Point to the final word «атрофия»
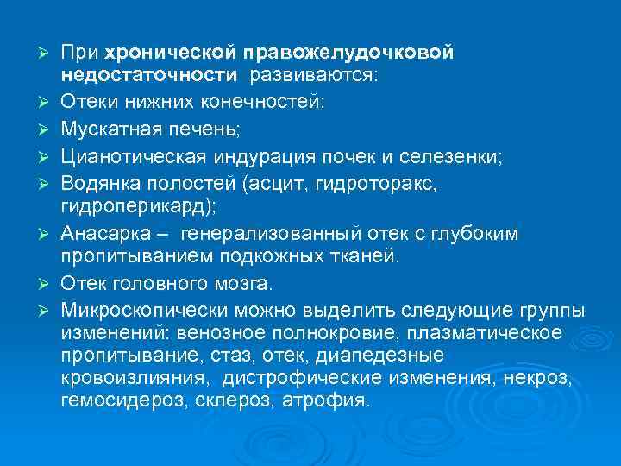click(331, 400)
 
